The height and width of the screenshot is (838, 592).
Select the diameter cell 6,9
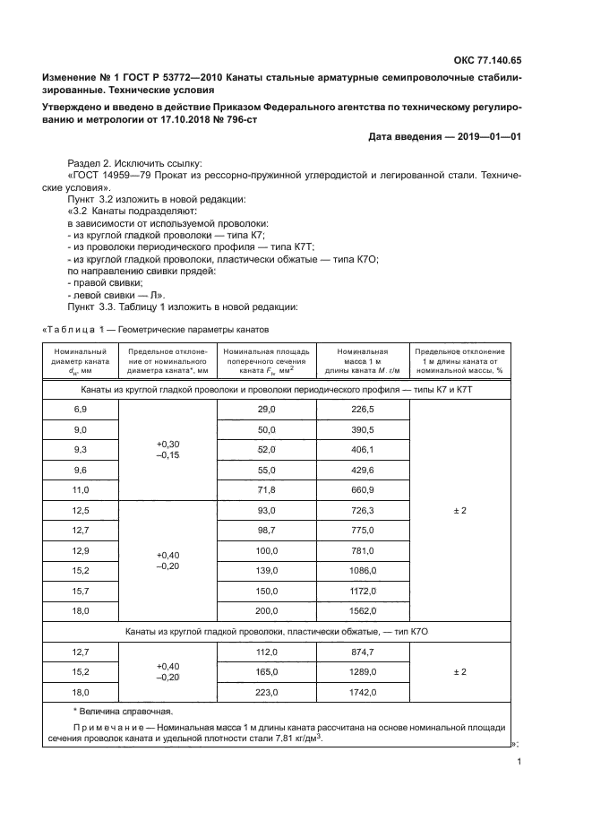tap(81, 409)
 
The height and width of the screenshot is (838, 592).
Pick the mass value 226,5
tap(363, 409)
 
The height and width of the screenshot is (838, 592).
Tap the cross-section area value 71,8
tap(267, 489)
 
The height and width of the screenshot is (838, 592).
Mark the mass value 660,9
tap(363, 489)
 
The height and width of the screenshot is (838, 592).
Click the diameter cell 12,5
tap(81, 510)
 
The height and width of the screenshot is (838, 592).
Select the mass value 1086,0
tap(363, 570)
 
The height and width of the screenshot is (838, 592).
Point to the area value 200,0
tap(267, 610)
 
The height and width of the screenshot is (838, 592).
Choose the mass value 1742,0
tap(363, 691)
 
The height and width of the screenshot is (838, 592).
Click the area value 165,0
tap(267, 671)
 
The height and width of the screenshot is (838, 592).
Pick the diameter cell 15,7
tap(81, 591)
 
